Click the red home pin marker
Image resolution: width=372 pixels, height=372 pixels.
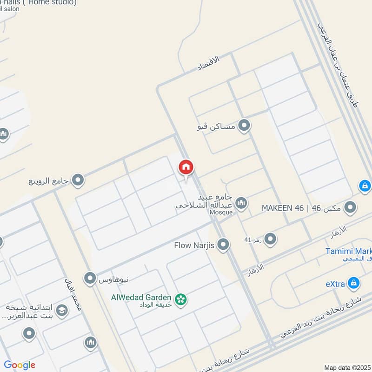[x=186, y=167]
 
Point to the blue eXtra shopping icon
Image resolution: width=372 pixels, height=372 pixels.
[x=354, y=282]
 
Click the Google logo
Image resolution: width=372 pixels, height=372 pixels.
[x=20, y=365]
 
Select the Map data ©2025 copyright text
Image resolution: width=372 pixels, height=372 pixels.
[x=347, y=367]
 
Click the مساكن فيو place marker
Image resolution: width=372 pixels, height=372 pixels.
[x=244, y=126]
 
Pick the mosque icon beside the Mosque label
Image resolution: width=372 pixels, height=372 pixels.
[x=241, y=203]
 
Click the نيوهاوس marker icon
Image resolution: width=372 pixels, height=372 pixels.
[x=90, y=279]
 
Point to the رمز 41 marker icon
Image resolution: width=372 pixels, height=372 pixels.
[x=270, y=239]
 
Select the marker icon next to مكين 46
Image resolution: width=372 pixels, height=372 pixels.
[x=351, y=207]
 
